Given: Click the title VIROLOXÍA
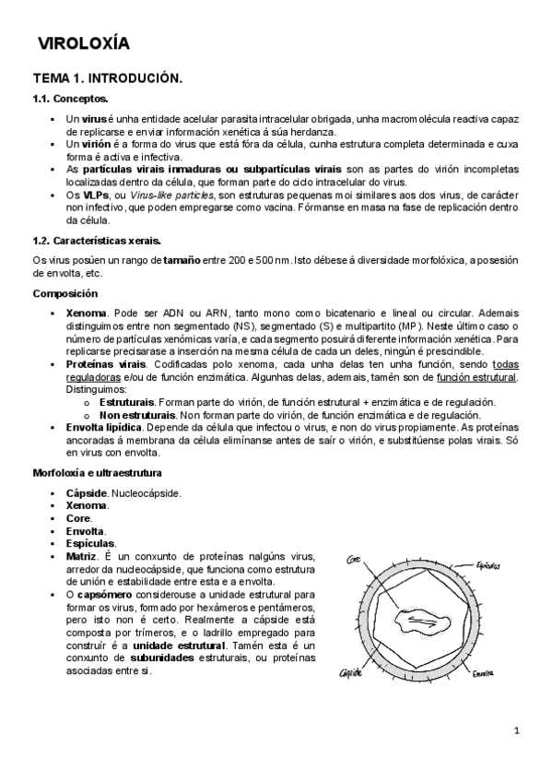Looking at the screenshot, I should coord(83,43).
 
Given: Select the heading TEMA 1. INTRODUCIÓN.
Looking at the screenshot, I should coord(107,79).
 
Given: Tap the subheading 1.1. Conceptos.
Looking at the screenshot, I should coord(70,99).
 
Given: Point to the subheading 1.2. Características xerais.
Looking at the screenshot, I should coord(97,241).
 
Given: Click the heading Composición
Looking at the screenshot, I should coord(65,293).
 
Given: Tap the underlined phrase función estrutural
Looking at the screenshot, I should coord(476,377).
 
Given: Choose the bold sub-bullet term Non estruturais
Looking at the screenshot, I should coord(137,415).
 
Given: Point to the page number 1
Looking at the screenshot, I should coord(517,731).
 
